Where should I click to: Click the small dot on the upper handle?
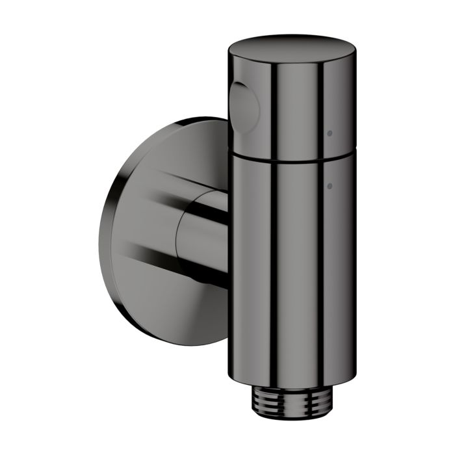(330, 133)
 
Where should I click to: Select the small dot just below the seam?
(330, 187)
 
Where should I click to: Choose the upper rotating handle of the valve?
(292, 104)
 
